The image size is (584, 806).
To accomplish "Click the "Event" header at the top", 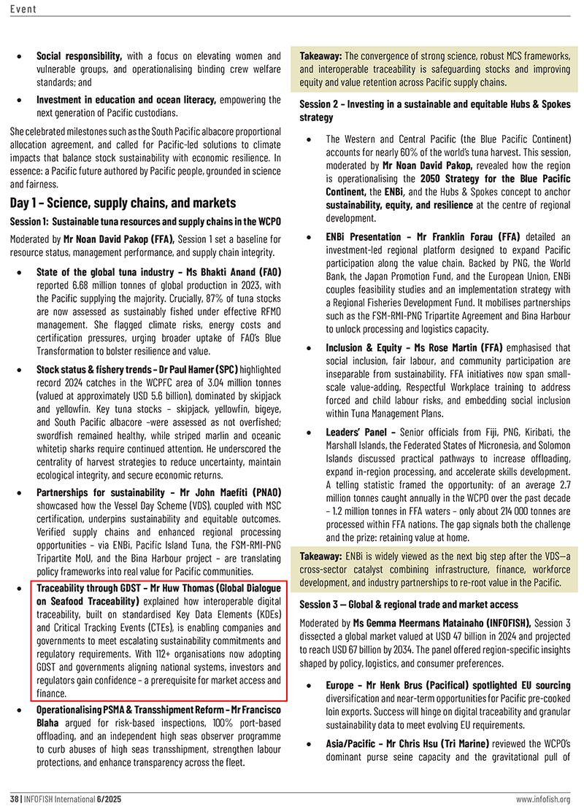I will point(23,9).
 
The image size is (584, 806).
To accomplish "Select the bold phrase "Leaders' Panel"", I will point(355,433).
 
